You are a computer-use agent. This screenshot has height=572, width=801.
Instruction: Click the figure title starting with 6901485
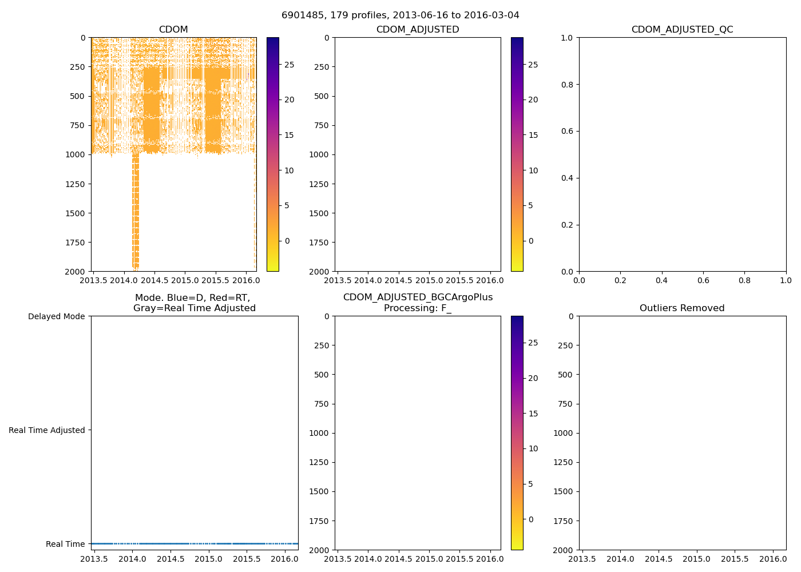tap(400, 15)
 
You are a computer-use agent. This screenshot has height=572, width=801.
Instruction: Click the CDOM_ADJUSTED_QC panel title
tap(682, 30)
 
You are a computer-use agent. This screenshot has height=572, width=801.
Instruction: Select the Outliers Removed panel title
tap(682, 308)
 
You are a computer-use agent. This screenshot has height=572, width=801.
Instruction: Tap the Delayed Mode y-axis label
tap(56, 316)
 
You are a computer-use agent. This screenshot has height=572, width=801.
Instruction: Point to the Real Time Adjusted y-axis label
tap(47, 430)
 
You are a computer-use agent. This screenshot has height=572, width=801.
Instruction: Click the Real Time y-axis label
tap(65, 544)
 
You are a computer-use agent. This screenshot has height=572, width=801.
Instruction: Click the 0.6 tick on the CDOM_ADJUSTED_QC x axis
tap(703, 280)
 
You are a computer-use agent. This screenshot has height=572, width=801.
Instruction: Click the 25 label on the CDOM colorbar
tap(290, 65)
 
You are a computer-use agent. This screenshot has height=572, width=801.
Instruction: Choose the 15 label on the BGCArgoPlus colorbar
tap(533, 414)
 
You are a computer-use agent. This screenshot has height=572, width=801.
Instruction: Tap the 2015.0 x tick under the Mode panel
tap(209, 559)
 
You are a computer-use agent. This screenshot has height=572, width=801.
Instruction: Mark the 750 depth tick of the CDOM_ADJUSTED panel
tap(322, 125)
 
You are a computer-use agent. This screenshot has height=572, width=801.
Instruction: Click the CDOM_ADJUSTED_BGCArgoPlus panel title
tap(418, 303)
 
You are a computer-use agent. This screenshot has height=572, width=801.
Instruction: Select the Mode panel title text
tap(195, 303)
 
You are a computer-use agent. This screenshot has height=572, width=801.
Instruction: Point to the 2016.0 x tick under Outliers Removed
tap(773, 559)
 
